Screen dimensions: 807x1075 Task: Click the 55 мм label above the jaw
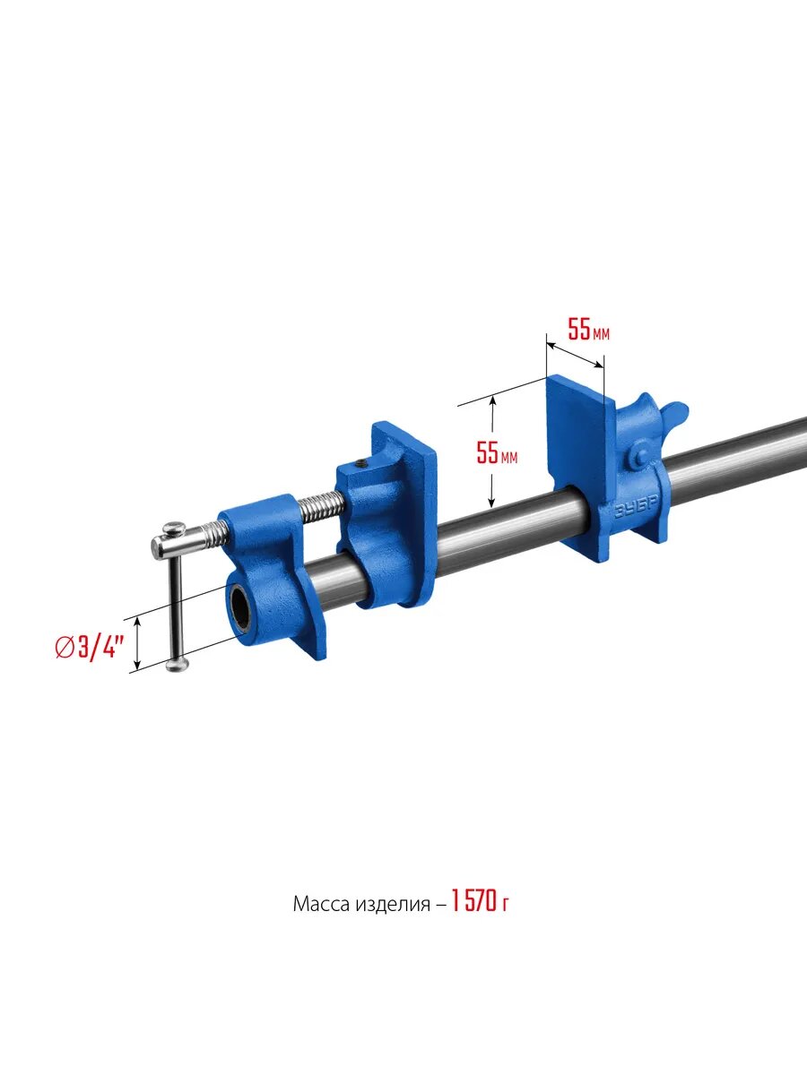coord(588,330)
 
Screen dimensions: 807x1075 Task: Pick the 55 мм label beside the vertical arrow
coord(497,452)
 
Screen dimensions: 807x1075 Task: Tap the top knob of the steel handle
coord(175,528)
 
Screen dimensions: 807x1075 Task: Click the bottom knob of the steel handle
coord(178,664)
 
